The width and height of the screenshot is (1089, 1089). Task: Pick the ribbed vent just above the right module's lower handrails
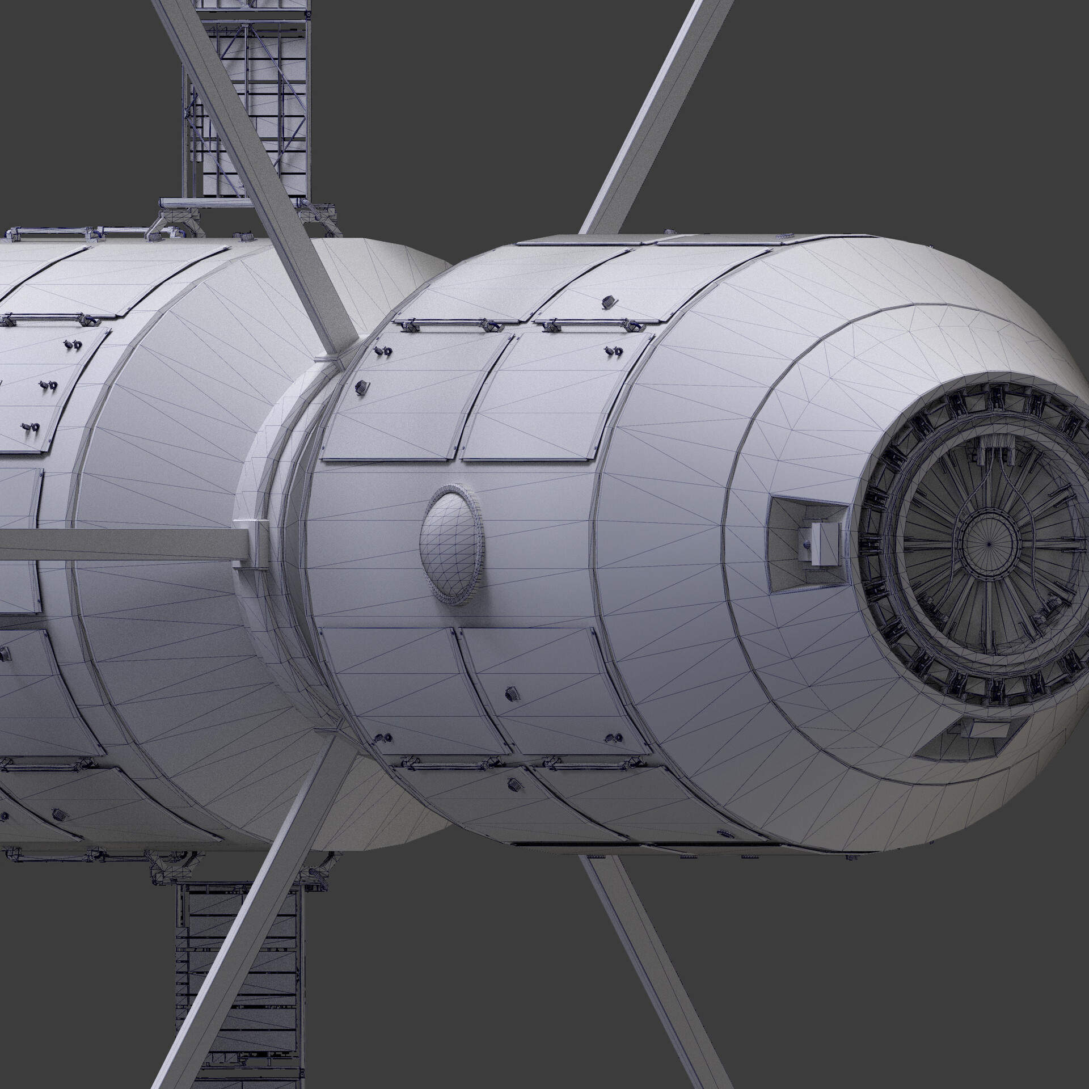coord(512,693)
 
